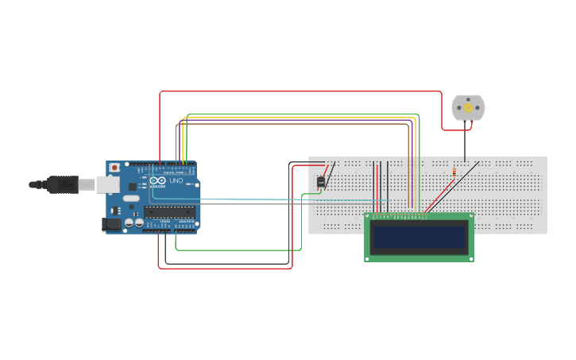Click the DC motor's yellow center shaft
click(x=468, y=108)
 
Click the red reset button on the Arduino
click(x=115, y=168)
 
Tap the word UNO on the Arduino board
click(x=176, y=181)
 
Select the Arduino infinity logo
click(x=159, y=181)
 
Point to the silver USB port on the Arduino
click(x=108, y=184)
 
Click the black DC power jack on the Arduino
click(x=112, y=225)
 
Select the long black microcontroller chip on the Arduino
click(x=170, y=211)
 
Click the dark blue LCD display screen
click(x=419, y=238)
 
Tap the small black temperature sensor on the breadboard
click(x=321, y=182)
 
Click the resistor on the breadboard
click(x=454, y=170)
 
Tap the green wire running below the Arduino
click(x=238, y=250)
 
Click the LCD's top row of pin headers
click(x=397, y=215)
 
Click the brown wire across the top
click(x=294, y=124)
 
